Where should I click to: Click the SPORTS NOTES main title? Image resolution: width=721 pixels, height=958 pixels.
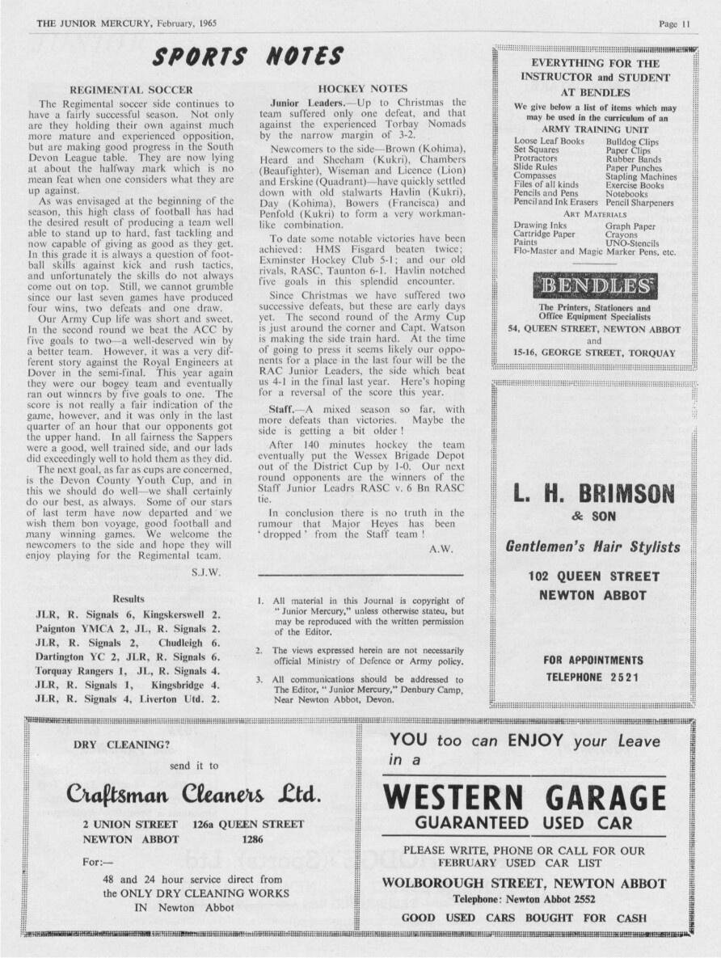point(249,57)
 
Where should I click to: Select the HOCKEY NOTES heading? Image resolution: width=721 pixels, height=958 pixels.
point(363,88)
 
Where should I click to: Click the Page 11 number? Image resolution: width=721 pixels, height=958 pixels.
point(674,24)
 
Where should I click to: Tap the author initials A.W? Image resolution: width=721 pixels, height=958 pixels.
point(440,547)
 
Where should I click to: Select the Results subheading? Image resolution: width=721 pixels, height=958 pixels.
point(129,599)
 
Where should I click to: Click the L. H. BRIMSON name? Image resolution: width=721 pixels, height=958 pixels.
point(594,493)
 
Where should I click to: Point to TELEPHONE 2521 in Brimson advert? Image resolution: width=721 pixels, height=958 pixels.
point(594,676)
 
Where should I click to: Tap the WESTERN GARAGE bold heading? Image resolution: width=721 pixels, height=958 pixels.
point(524,798)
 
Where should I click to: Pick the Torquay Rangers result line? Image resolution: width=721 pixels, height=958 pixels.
point(129,671)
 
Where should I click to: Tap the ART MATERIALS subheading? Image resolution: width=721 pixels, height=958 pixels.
point(594,214)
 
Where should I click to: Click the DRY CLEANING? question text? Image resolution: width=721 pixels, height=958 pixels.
point(122,744)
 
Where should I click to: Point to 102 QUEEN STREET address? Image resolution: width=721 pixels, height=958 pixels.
point(594,576)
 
